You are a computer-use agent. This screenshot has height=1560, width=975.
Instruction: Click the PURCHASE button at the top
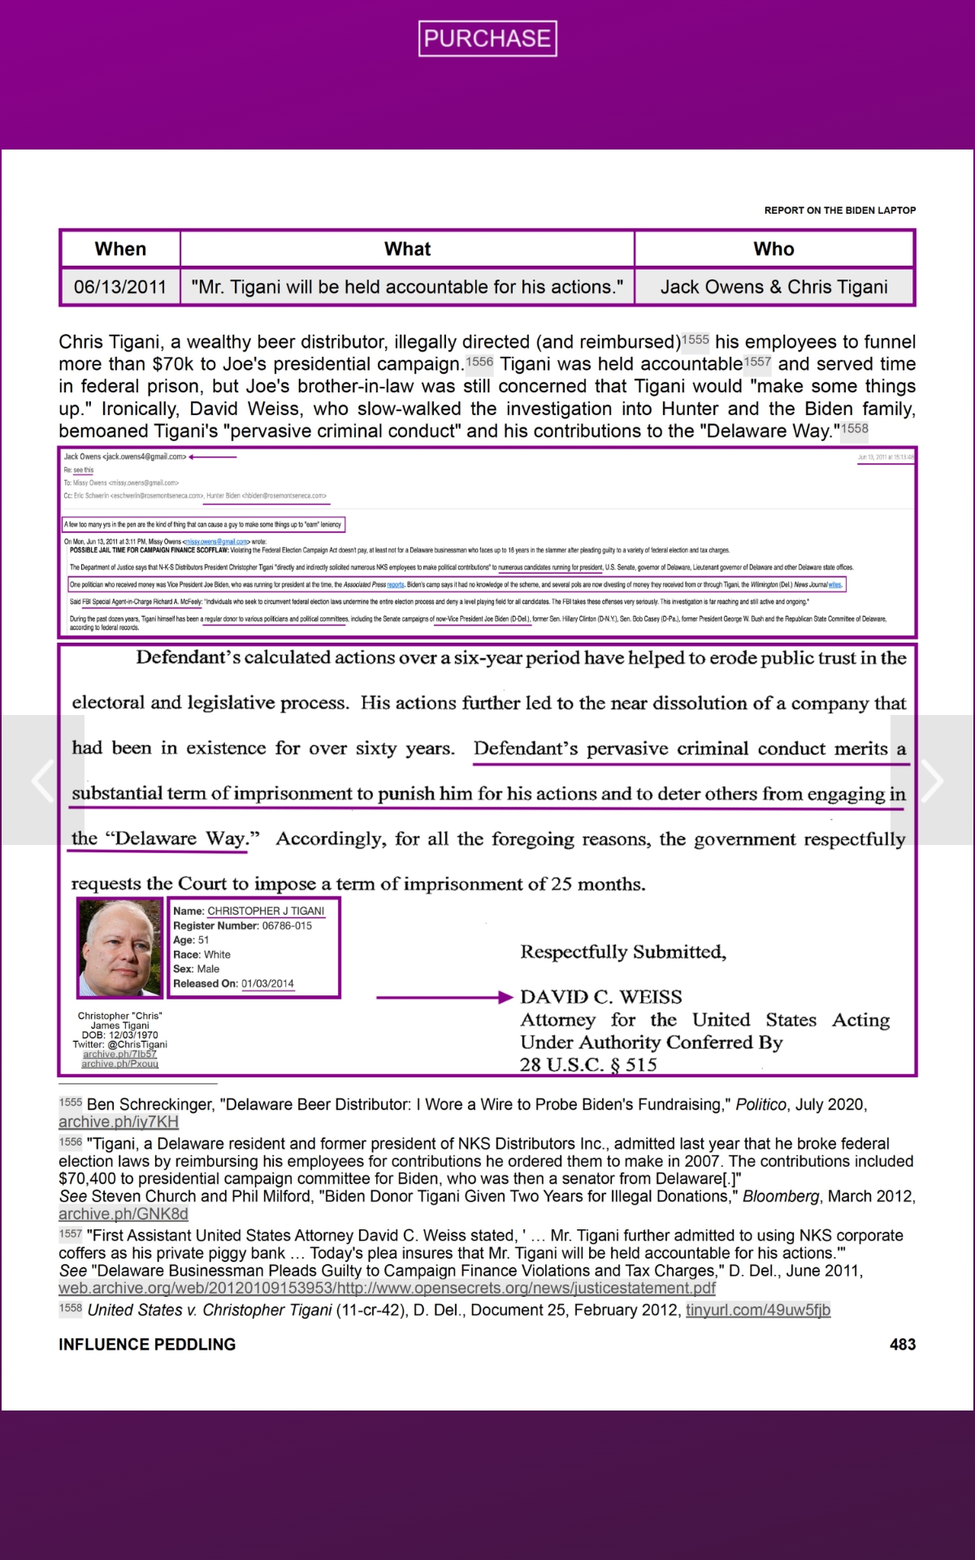click(487, 38)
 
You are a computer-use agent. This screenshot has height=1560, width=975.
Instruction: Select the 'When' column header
click(120, 249)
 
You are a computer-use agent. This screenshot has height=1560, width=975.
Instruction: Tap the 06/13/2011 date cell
click(120, 287)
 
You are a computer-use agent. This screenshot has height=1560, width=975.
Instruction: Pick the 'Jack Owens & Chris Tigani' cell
click(773, 287)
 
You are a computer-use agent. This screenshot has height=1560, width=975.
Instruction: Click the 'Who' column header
click(773, 249)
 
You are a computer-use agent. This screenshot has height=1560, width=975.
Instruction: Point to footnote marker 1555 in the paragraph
click(695, 339)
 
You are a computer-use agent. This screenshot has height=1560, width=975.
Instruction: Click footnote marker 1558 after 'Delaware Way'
click(854, 428)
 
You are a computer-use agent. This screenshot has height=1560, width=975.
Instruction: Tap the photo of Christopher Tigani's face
click(119, 948)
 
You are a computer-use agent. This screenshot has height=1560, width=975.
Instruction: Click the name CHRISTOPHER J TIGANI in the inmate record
click(266, 911)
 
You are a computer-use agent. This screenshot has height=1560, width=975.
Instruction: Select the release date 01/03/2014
click(267, 983)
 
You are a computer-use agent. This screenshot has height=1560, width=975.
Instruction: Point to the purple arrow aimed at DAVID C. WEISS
click(444, 997)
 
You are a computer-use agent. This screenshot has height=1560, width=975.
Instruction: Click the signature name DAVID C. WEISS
click(600, 997)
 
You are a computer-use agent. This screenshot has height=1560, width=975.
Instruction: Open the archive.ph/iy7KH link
click(119, 1122)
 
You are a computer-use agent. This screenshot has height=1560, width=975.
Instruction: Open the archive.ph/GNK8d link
click(123, 1214)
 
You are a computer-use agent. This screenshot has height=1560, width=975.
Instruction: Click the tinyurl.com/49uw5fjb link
click(757, 1310)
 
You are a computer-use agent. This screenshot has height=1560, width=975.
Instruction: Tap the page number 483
click(902, 1345)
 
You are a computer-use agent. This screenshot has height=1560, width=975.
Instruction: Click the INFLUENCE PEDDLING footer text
click(147, 1345)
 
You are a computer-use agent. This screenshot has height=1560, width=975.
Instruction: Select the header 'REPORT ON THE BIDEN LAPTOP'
click(839, 210)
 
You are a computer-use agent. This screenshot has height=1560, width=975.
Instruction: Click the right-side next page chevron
click(932, 781)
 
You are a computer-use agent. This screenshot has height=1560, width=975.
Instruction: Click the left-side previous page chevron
click(42, 781)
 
